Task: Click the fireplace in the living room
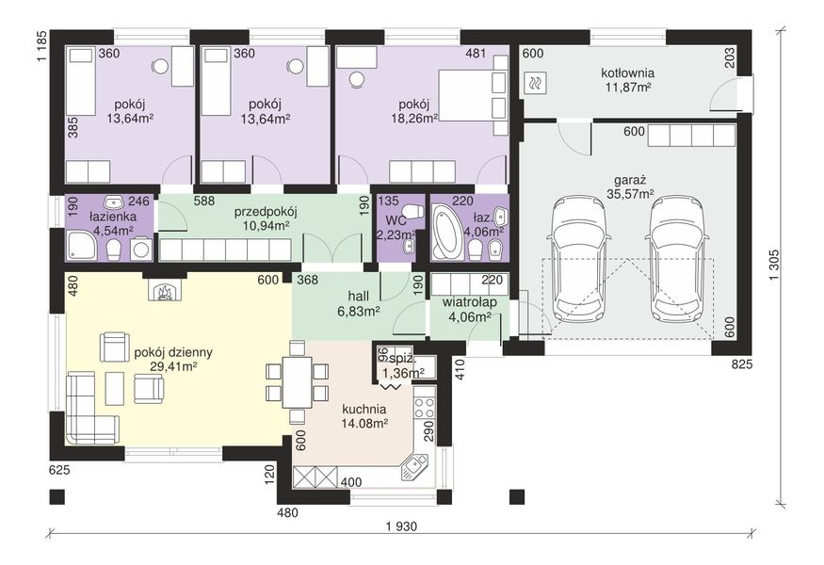tap(165, 291)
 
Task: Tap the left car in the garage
tap(578, 259)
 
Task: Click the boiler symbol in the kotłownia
tap(536, 83)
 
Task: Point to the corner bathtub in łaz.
tap(448, 232)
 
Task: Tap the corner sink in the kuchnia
tap(417, 467)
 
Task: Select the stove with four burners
tap(424, 409)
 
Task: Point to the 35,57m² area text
tap(631, 194)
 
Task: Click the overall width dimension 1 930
tap(401, 526)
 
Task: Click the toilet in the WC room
tap(414, 211)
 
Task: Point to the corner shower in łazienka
tap(81, 246)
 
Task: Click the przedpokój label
tap(266, 212)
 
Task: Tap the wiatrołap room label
tap(470, 302)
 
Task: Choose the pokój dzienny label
tap(173, 352)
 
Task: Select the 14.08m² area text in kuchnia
tap(364, 423)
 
